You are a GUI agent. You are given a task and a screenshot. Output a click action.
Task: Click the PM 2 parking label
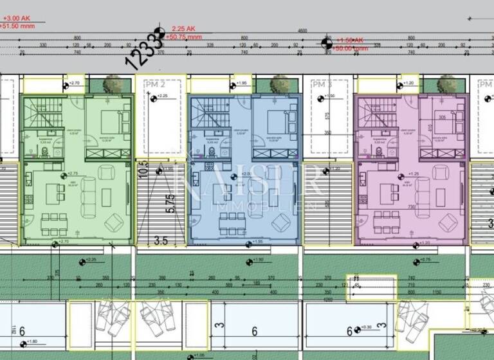click(x=154, y=84)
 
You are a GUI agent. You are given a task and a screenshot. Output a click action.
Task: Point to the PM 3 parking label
click(x=322, y=84)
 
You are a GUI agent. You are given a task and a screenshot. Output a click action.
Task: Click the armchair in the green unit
click(x=114, y=222)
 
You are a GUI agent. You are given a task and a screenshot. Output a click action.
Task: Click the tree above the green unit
click(x=113, y=84)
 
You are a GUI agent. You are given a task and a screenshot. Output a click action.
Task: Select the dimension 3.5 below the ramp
click(x=161, y=240)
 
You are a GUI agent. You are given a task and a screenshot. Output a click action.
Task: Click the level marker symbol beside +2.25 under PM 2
click(x=153, y=98)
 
